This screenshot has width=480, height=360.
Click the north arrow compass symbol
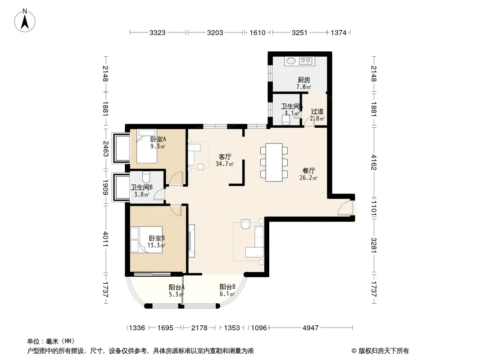pos(25,20)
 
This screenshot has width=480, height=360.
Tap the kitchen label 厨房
pos(303,80)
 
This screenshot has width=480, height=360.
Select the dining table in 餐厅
pos(274,162)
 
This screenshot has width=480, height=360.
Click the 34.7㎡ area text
pos(225,164)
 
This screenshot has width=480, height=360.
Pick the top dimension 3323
pos(157,32)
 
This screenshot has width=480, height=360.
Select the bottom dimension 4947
pos(310,328)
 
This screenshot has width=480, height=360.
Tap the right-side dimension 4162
pos(374,162)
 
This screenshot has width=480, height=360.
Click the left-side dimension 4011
pos(105,239)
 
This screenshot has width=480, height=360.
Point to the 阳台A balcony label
pos(177,287)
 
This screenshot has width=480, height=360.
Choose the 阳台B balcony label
pos(227,287)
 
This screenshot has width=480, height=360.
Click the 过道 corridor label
pos(317,111)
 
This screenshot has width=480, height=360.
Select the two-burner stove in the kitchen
pos(305,61)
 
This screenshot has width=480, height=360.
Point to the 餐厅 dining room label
pos(308,171)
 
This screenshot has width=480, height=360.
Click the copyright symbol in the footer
pos(354,351)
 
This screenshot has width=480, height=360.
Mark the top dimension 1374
pos(339,32)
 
